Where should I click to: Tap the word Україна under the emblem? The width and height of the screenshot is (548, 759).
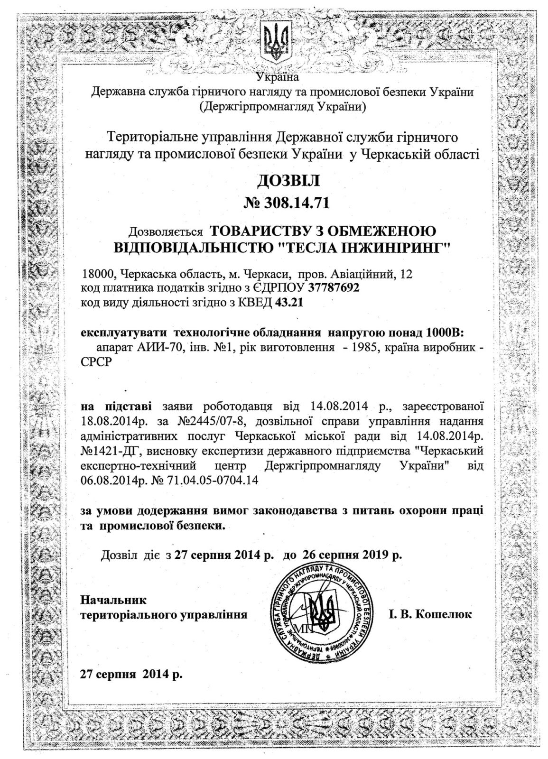(x=278, y=76)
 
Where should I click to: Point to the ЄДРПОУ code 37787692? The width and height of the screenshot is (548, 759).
(x=334, y=287)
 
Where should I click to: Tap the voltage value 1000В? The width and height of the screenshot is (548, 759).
(x=446, y=331)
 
